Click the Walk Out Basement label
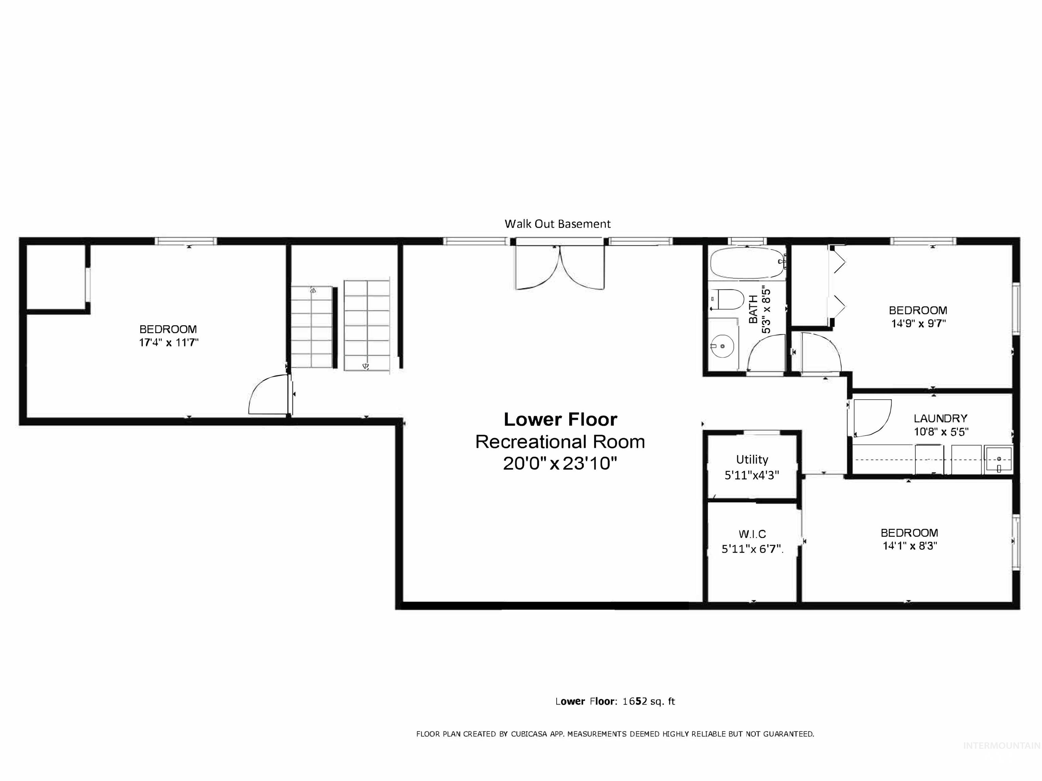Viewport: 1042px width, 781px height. point(557,224)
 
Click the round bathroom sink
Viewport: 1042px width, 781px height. point(722,346)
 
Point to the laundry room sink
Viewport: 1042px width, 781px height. point(999,460)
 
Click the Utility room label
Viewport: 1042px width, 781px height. point(752,459)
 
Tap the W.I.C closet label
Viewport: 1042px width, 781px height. point(752,534)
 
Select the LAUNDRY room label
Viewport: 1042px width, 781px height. point(940,418)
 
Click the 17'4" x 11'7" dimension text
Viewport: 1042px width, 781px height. point(168,342)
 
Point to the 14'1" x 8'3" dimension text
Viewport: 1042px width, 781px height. point(909,546)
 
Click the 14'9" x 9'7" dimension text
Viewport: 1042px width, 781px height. point(918,324)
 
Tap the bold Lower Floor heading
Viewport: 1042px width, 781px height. point(560,419)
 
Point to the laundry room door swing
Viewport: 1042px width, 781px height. point(871,417)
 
